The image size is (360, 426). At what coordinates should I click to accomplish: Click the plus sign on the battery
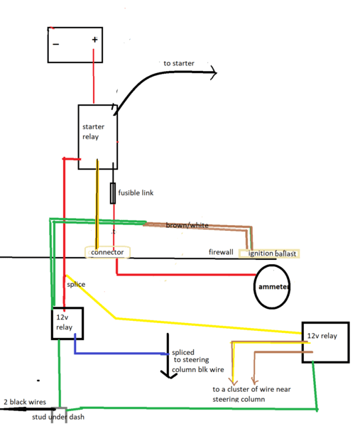94,40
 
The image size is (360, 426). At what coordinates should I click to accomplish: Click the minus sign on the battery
56,44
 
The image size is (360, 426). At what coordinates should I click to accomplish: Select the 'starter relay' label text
93,132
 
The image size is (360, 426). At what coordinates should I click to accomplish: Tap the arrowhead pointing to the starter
214,72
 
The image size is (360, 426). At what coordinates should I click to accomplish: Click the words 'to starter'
179,63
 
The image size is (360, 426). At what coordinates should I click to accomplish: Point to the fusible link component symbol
113,193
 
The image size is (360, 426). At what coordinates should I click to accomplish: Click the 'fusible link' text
136,192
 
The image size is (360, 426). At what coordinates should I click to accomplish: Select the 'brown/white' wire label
187,225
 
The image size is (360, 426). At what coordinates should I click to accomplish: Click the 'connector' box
108,252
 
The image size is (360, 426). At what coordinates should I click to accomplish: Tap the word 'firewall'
221,252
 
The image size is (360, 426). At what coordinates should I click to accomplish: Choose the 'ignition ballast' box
269,253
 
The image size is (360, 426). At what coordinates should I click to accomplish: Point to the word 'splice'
76,285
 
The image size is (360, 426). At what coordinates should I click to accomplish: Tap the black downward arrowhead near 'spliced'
169,375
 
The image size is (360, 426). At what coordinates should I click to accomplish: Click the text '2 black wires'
25,402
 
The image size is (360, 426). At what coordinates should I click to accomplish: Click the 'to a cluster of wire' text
251,389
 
